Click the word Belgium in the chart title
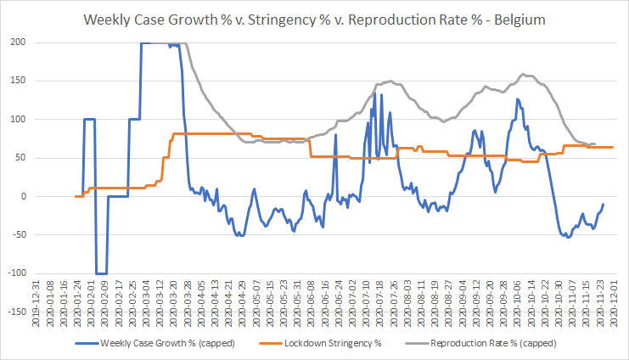click(519, 20)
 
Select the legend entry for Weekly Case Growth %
click(154, 344)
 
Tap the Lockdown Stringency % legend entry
click(321, 344)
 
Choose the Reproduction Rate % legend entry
click(481, 344)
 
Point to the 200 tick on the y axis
click(19, 42)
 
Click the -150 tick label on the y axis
click(17, 312)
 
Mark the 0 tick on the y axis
click(23, 196)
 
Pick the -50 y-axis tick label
click(19, 235)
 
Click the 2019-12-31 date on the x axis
click(36, 304)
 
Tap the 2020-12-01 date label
click(614, 304)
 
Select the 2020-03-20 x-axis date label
click(173, 304)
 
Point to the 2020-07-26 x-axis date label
click(394, 304)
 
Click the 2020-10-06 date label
click(517, 304)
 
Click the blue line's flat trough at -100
click(102, 273)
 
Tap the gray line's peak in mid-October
click(523, 74)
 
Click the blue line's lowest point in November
click(568, 237)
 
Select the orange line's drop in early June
click(311, 148)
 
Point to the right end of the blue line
click(604, 205)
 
